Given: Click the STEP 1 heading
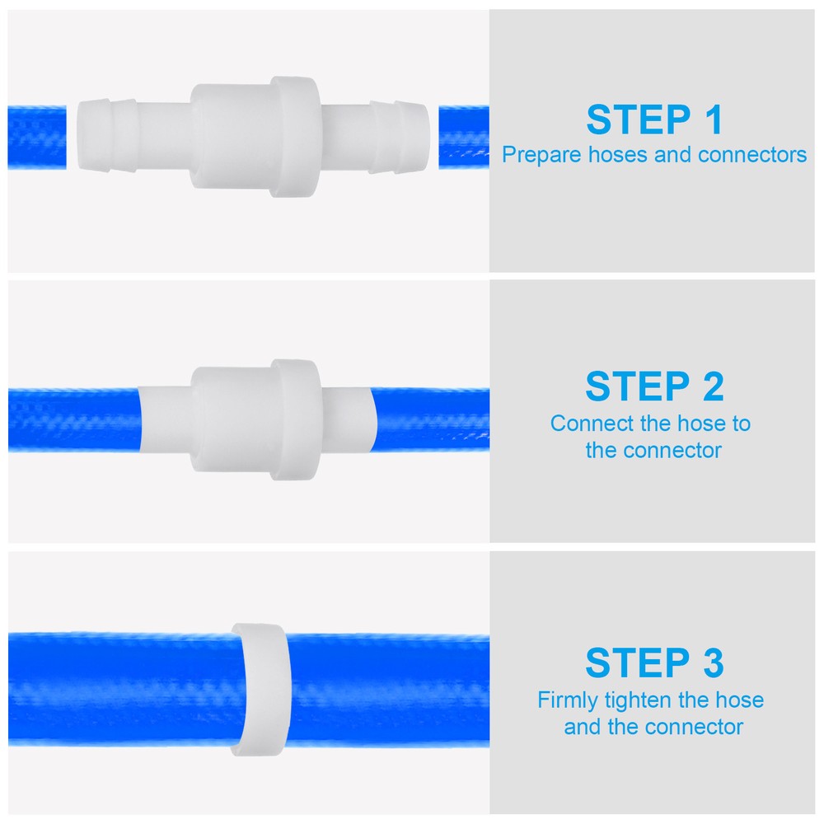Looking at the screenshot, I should (654, 120).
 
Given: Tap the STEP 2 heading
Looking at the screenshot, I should (654, 387).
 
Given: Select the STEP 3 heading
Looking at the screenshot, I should (654, 663).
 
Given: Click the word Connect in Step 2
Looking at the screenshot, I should (583, 424).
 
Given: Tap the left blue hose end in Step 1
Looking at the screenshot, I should (37, 137).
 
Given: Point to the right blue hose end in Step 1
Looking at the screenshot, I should (463, 137).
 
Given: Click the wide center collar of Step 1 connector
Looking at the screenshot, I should (293, 136).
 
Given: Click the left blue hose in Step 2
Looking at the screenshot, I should (74, 419).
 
